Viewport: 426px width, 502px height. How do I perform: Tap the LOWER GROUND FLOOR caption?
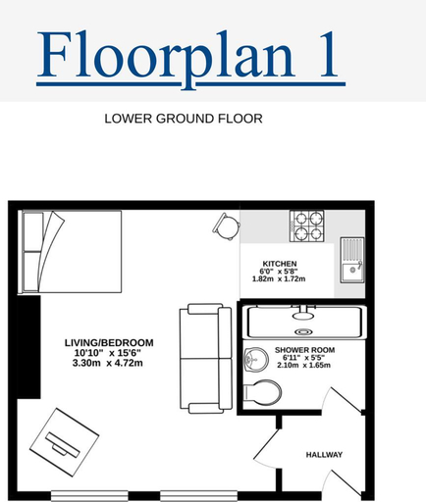pos(184,119)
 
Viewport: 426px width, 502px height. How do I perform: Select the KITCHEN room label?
pos(280,264)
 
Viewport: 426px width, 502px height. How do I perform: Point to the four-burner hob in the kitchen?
pos(306,226)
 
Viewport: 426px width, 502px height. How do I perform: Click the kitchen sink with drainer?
pos(352,260)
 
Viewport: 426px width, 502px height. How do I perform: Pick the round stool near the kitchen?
pos(227,226)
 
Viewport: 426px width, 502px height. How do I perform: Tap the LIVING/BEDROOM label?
pos(109,343)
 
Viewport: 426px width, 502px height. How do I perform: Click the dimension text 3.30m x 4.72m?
pos(108,363)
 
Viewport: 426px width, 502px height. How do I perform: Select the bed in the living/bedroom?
pos(71,252)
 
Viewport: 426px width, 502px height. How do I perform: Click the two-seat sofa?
pos(206,359)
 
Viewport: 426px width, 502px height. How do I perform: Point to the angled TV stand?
pos(64,442)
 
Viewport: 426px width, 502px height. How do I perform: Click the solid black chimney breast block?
pos(28,347)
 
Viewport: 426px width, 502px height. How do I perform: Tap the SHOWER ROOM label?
pos(304,350)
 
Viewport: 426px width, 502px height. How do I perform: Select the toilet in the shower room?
pos(262,392)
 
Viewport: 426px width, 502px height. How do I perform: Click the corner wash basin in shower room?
pos(256,360)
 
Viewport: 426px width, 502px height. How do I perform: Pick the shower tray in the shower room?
pos(305,323)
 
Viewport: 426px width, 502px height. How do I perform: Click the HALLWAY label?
pos(324,455)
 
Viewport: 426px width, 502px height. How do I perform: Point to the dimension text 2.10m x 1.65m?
pos(303,365)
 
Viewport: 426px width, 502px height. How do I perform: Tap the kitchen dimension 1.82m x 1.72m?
pos(279,278)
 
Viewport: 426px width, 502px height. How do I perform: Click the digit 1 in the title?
pos(328,54)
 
